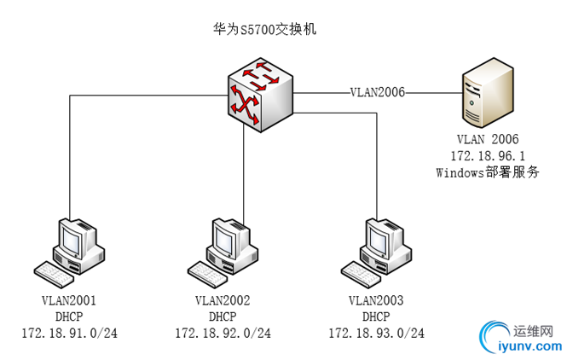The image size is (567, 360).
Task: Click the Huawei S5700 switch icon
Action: (x=262, y=97)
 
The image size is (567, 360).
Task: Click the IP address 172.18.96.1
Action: (x=487, y=154)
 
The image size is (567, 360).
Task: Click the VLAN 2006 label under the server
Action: (x=487, y=138)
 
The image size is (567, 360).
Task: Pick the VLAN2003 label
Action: (x=376, y=300)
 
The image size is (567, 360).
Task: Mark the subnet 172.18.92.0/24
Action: (x=223, y=333)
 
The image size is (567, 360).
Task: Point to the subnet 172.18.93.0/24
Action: (x=376, y=333)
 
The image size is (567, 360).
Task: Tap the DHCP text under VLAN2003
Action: (x=376, y=316)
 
